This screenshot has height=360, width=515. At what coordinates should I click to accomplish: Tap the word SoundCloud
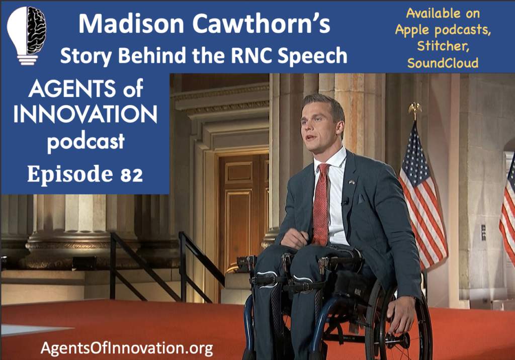pyautogui.click(x=443, y=62)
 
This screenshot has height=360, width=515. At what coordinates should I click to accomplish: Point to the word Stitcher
pyautogui.click(x=443, y=46)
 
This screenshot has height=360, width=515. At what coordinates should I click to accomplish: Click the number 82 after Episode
pyautogui.click(x=131, y=175)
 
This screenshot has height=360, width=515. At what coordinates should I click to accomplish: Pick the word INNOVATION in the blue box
pyautogui.click(x=85, y=114)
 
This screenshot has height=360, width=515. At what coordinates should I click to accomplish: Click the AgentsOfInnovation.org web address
pyautogui.click(x=127, y=348)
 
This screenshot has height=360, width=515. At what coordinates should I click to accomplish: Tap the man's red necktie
pyautogui.click(x=321, y=204)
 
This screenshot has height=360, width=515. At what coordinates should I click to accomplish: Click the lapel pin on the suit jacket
pyautogui.click(x=352, y=182)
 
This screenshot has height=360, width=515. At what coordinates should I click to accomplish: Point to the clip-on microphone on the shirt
pyautogui.click(x=345, y=201)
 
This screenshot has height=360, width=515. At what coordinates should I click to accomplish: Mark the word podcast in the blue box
pyautogui.click(x=85, y=142)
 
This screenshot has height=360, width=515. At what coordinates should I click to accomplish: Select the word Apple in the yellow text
pyautogui.click(x=412, y=30)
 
